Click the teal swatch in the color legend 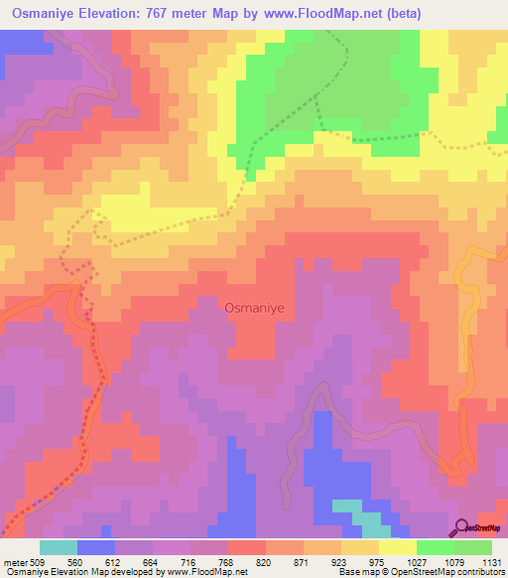59,547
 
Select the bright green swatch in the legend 436,547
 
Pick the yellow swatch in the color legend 398,547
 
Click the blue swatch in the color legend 96,547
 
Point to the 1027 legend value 416,560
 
